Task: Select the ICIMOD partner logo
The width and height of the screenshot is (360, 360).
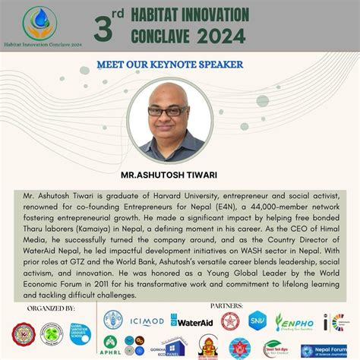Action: (145, 321)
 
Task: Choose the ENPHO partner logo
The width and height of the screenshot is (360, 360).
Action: (295, 321)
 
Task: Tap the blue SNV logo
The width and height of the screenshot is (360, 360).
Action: (257, 320)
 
